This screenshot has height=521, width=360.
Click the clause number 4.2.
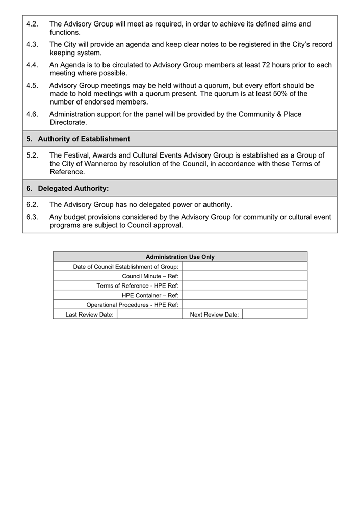point(32,24)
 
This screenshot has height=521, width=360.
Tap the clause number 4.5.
point(32,86)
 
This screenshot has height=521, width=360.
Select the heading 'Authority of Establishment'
point(84,139)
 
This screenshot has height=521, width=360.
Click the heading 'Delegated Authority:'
point(73,188)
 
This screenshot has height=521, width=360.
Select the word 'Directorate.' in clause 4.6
point(68,123)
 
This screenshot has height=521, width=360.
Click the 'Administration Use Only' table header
point(180,257)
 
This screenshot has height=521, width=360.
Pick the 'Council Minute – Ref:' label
point(150,276)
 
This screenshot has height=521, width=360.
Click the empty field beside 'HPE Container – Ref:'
point(244,295)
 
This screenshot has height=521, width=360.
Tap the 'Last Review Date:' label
point(89,315)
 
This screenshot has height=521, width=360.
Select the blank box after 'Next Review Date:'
point(274,315)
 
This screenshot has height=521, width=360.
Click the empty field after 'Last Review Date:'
point(149,315)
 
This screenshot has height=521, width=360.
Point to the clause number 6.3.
point(32,217)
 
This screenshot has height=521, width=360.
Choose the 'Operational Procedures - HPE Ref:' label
point(132,305)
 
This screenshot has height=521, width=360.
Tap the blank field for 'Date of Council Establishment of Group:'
point(244,266)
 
